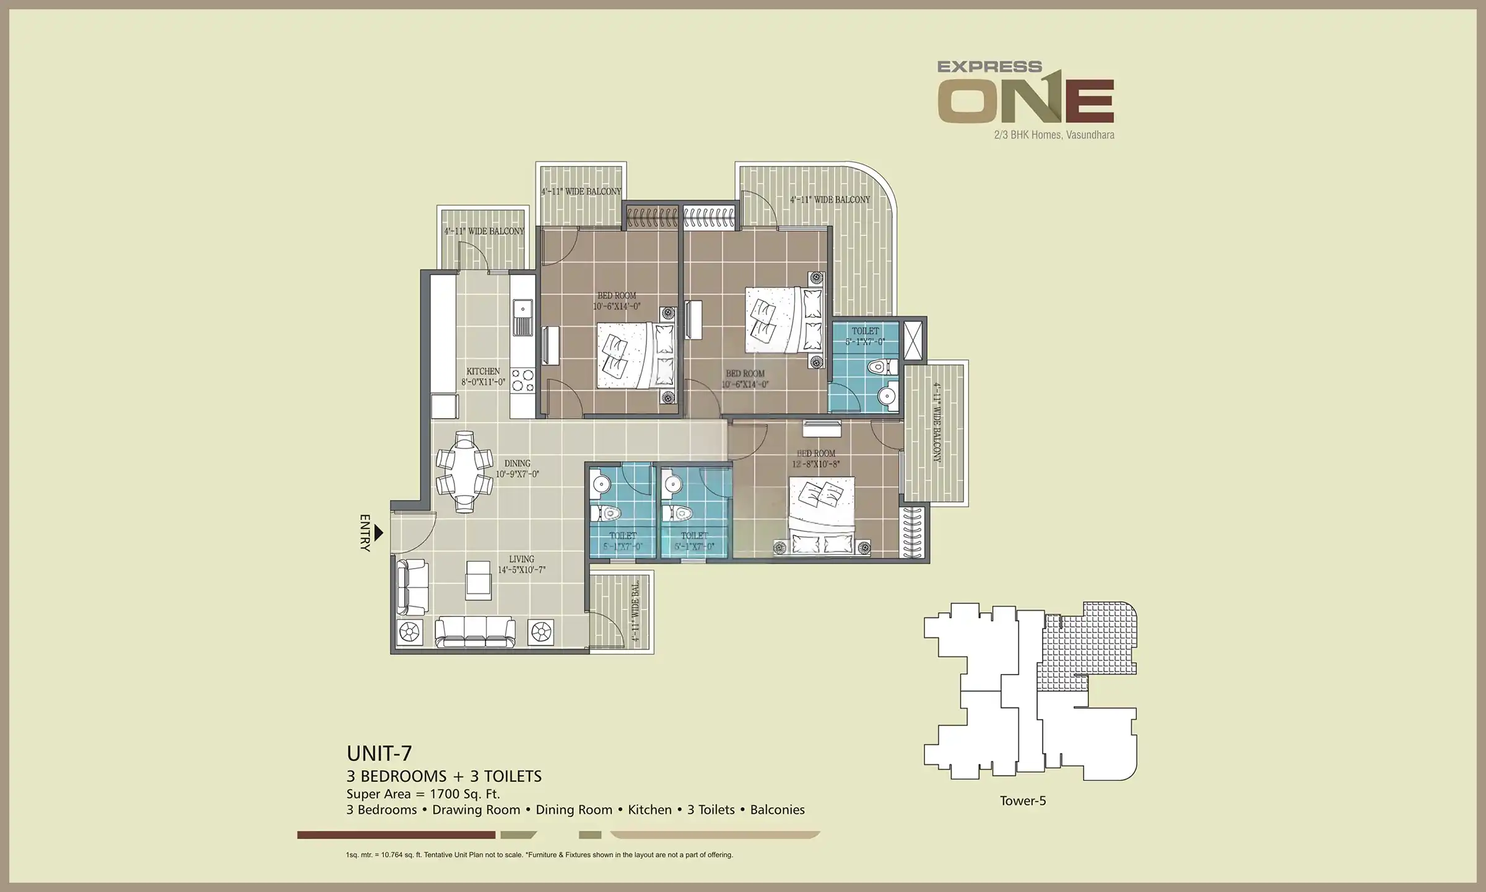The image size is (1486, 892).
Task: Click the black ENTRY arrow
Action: (x=379, y=532)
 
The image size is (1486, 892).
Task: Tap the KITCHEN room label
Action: (x=483, y=377)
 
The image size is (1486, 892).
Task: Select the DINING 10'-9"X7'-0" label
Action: (x=517, y=469)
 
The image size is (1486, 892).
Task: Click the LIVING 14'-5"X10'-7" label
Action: (x=521, y=564)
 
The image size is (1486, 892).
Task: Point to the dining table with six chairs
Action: (x=464, y=472)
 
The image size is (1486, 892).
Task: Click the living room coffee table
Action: (x=479, y=580)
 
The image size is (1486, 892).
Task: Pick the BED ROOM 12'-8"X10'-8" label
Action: (x=816, y=458)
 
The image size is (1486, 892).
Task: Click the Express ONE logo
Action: (x=1025, y=93)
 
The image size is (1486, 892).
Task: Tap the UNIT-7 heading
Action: (x=379, y=753)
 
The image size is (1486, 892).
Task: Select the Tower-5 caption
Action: (x=1023, y=801)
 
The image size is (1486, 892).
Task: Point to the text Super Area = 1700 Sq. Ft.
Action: (x=423, y=794)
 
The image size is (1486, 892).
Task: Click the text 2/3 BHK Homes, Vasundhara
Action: (x=1054, y=134)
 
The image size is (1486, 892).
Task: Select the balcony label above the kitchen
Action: (x=484, y=231)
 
